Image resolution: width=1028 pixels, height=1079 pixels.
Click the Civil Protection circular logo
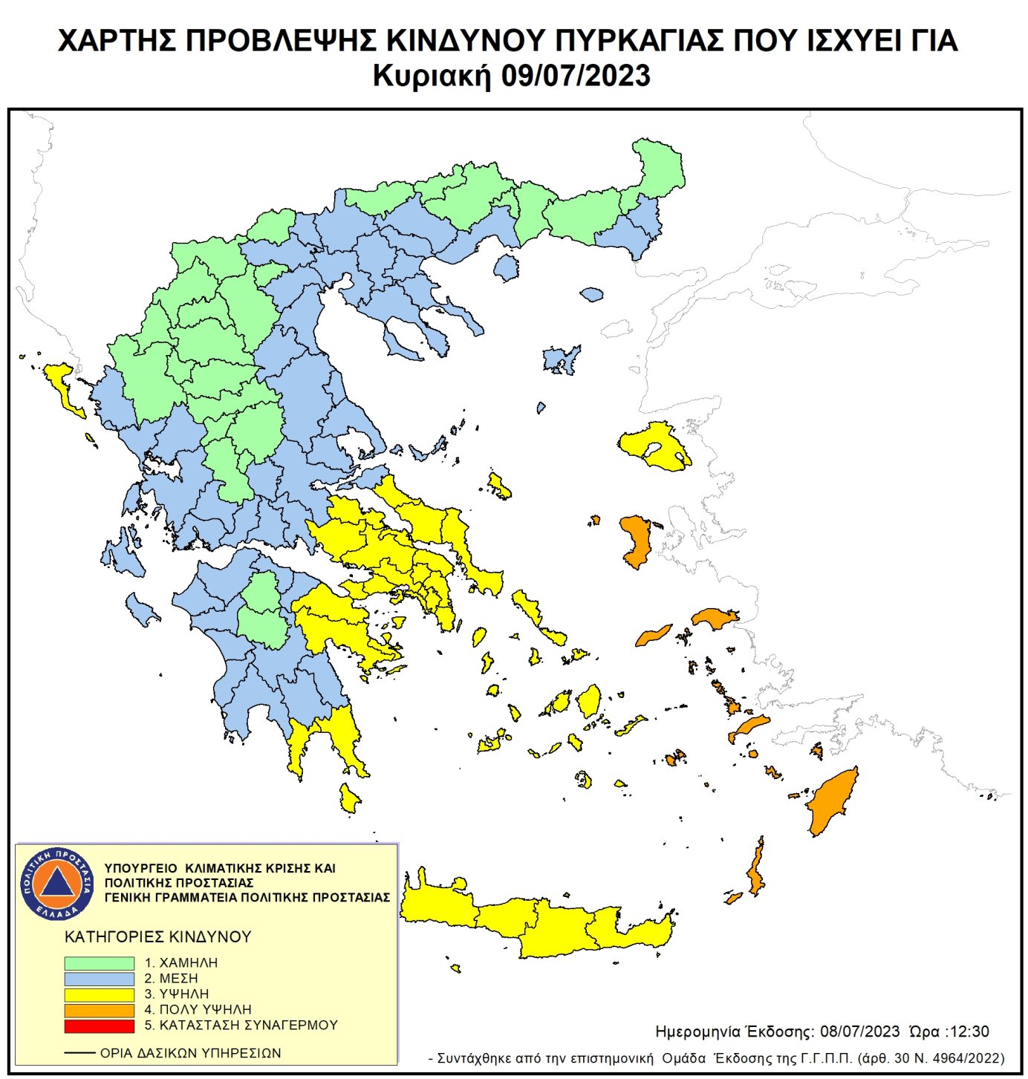pos(57,883)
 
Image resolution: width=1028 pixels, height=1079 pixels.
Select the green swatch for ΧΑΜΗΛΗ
pos(99,963)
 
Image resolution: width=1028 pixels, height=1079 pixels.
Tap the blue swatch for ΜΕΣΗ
pos(99,979)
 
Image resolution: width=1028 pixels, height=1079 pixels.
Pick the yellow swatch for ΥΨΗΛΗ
pos(99,994)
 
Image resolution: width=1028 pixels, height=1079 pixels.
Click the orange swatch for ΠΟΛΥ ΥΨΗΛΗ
pos(99,1010)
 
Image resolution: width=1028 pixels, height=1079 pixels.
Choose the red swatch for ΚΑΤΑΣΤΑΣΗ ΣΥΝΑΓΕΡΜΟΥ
pos(99,1026)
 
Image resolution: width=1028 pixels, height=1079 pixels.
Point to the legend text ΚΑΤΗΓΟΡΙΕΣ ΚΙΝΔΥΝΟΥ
pos(158,936)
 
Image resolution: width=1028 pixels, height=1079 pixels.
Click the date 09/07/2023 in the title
pos(576,76)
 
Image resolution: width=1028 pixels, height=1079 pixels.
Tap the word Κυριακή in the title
pos(432,76)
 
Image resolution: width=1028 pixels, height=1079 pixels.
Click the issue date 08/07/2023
pos(859,1031)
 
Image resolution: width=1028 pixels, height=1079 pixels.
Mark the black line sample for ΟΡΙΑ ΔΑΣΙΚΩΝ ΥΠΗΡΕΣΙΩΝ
pos(79,1053)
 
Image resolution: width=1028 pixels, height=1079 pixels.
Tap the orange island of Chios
pos(636,541)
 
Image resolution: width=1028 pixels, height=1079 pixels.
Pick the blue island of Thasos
pos(507,267)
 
